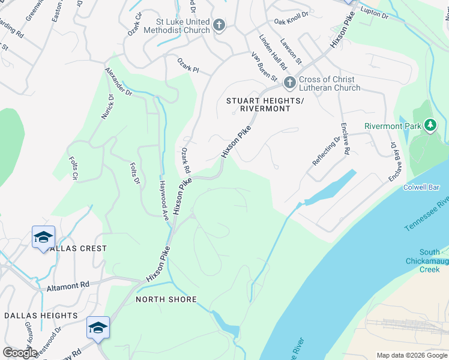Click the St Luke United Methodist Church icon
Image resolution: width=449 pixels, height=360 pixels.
tap(219, 25)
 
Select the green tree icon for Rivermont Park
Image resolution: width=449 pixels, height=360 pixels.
tap(430, 125)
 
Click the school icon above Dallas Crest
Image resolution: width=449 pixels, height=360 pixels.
tap(44, 238)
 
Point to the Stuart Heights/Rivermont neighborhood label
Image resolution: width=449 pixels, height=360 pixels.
tap(258, 104)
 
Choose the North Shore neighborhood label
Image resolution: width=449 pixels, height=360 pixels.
tap(166, 299)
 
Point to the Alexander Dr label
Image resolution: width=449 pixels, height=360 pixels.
tap(118, 81)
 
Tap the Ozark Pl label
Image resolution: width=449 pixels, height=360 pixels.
tap(187, 65)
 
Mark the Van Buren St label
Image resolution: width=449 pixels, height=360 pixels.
tap(264, 66)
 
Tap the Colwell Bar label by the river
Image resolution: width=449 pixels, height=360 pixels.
tap(423, 187)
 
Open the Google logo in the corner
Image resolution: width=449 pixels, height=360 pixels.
tap(20, 352)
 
